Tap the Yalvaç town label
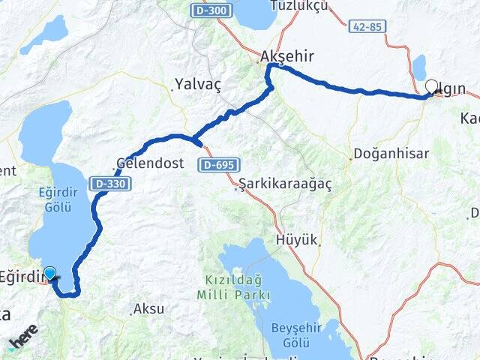pos(198,83)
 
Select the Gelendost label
pos(151,162)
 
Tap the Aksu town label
pos(148,308)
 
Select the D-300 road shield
pos(211,10)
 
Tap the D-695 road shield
pos(216,164)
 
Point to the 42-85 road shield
pos(367,27)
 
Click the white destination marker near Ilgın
pos(432,87)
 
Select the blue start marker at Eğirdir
pos(50,274)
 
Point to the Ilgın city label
pos(453,89)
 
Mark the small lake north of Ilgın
pos(418,66)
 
